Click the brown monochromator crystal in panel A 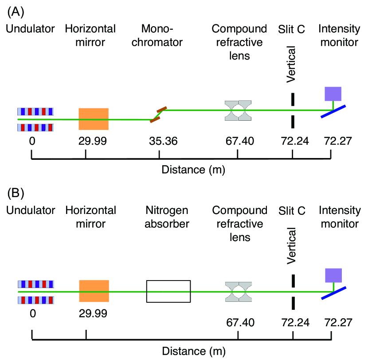(x=158, y=114)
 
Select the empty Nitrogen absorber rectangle (x=168, y=291)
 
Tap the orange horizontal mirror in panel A (x=94, y=119)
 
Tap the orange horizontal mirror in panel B (x=94, y=291)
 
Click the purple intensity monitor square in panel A (x=333, y=94)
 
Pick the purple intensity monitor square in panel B (x=333, y=276)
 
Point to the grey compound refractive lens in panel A (x=238, y=110)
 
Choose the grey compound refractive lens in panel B (x=238, y=291)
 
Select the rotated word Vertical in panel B (x=291, y=245)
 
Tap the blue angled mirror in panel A (x=334, y=111)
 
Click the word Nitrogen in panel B (x=168, y=210)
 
